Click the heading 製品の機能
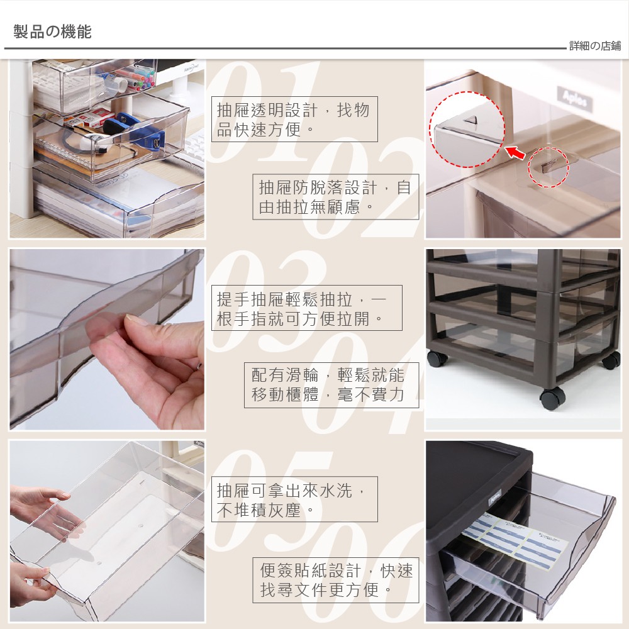click(53, 31)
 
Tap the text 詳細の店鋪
click(595, 46)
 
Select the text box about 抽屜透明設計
click(294, 119)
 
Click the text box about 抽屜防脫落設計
click(335, 197)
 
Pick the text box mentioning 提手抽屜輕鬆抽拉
click(306, 308)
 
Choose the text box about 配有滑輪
click(331, 385)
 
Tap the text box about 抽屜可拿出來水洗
click(294, 499)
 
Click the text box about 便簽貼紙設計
click(335, 580)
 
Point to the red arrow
click(515, 152)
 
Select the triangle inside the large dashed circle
click(470, 120)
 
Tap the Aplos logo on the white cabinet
click(575, 99)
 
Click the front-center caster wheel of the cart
click(552, 398)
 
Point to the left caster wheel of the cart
click(437, 359)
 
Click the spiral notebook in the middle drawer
click(76, 152)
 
